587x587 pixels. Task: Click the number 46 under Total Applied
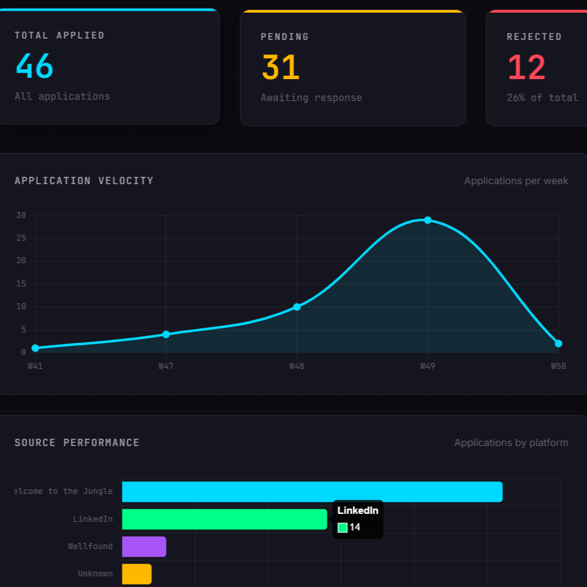click(x=34, y=66)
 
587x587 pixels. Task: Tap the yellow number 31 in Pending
click(x=281, y=68)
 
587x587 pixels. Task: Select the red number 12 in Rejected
click(x=526, y=68)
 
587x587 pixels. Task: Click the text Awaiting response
click(x=311, y=98)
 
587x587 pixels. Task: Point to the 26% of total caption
click(x=542, y=98)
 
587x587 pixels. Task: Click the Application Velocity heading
click(x=84, y=181)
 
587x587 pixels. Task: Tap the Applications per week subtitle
click(x=516, y=181)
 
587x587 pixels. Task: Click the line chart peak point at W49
click(x=427, y=220)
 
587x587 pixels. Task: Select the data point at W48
click(x=296, y=307)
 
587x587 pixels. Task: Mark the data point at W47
click(x=166, y=334)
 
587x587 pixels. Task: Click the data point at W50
click(x=558, y=344)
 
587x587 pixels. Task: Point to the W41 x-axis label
click(x=35, y=366)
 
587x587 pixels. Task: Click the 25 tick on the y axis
click(x=21, y=238)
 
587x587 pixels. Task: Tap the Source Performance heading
click(x=77, y=443)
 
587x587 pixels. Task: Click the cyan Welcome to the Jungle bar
click(x=312, y=492)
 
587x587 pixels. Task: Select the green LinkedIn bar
click(x=224, y=519)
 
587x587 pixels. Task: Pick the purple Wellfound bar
click(x=144, y=546)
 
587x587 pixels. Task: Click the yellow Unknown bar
click(x=137, y=574)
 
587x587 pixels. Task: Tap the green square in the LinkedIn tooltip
click(x=342, y=528)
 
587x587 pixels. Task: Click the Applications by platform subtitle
click(x=511, y=443)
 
